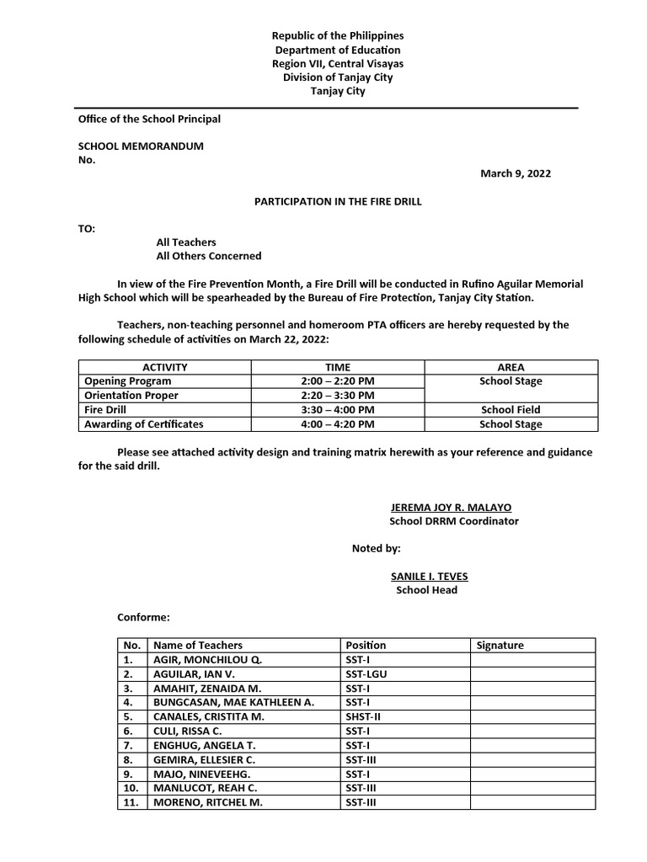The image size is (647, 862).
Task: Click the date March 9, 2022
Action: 516,173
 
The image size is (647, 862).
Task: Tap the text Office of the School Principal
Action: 149,119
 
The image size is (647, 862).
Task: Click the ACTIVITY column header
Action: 164,367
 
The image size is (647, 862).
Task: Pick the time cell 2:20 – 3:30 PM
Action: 337,396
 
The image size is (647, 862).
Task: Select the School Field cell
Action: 511,410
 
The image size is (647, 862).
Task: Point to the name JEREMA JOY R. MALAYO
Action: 451,508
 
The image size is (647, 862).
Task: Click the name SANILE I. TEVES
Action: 429,577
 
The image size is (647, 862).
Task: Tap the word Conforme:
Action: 143,618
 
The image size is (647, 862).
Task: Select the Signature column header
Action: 500,646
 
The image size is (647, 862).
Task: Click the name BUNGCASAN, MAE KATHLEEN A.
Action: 233,703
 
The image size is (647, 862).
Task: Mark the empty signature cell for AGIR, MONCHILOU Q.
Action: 532,660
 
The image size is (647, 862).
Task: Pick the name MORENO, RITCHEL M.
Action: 208,803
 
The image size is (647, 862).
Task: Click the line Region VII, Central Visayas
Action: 337,63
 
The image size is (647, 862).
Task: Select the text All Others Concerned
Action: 209,256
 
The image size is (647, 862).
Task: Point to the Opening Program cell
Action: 128,381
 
